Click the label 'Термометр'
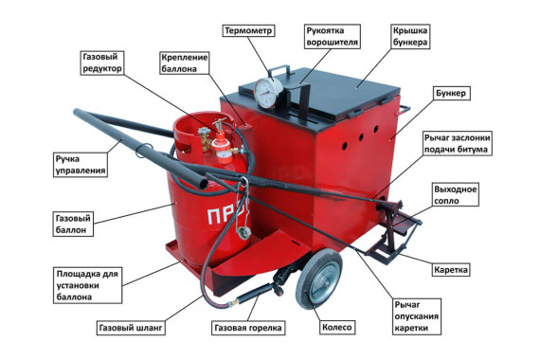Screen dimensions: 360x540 coord(249,30)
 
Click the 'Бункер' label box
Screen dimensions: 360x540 coord(453,95)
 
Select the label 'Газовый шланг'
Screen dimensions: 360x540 coord(131,329)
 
